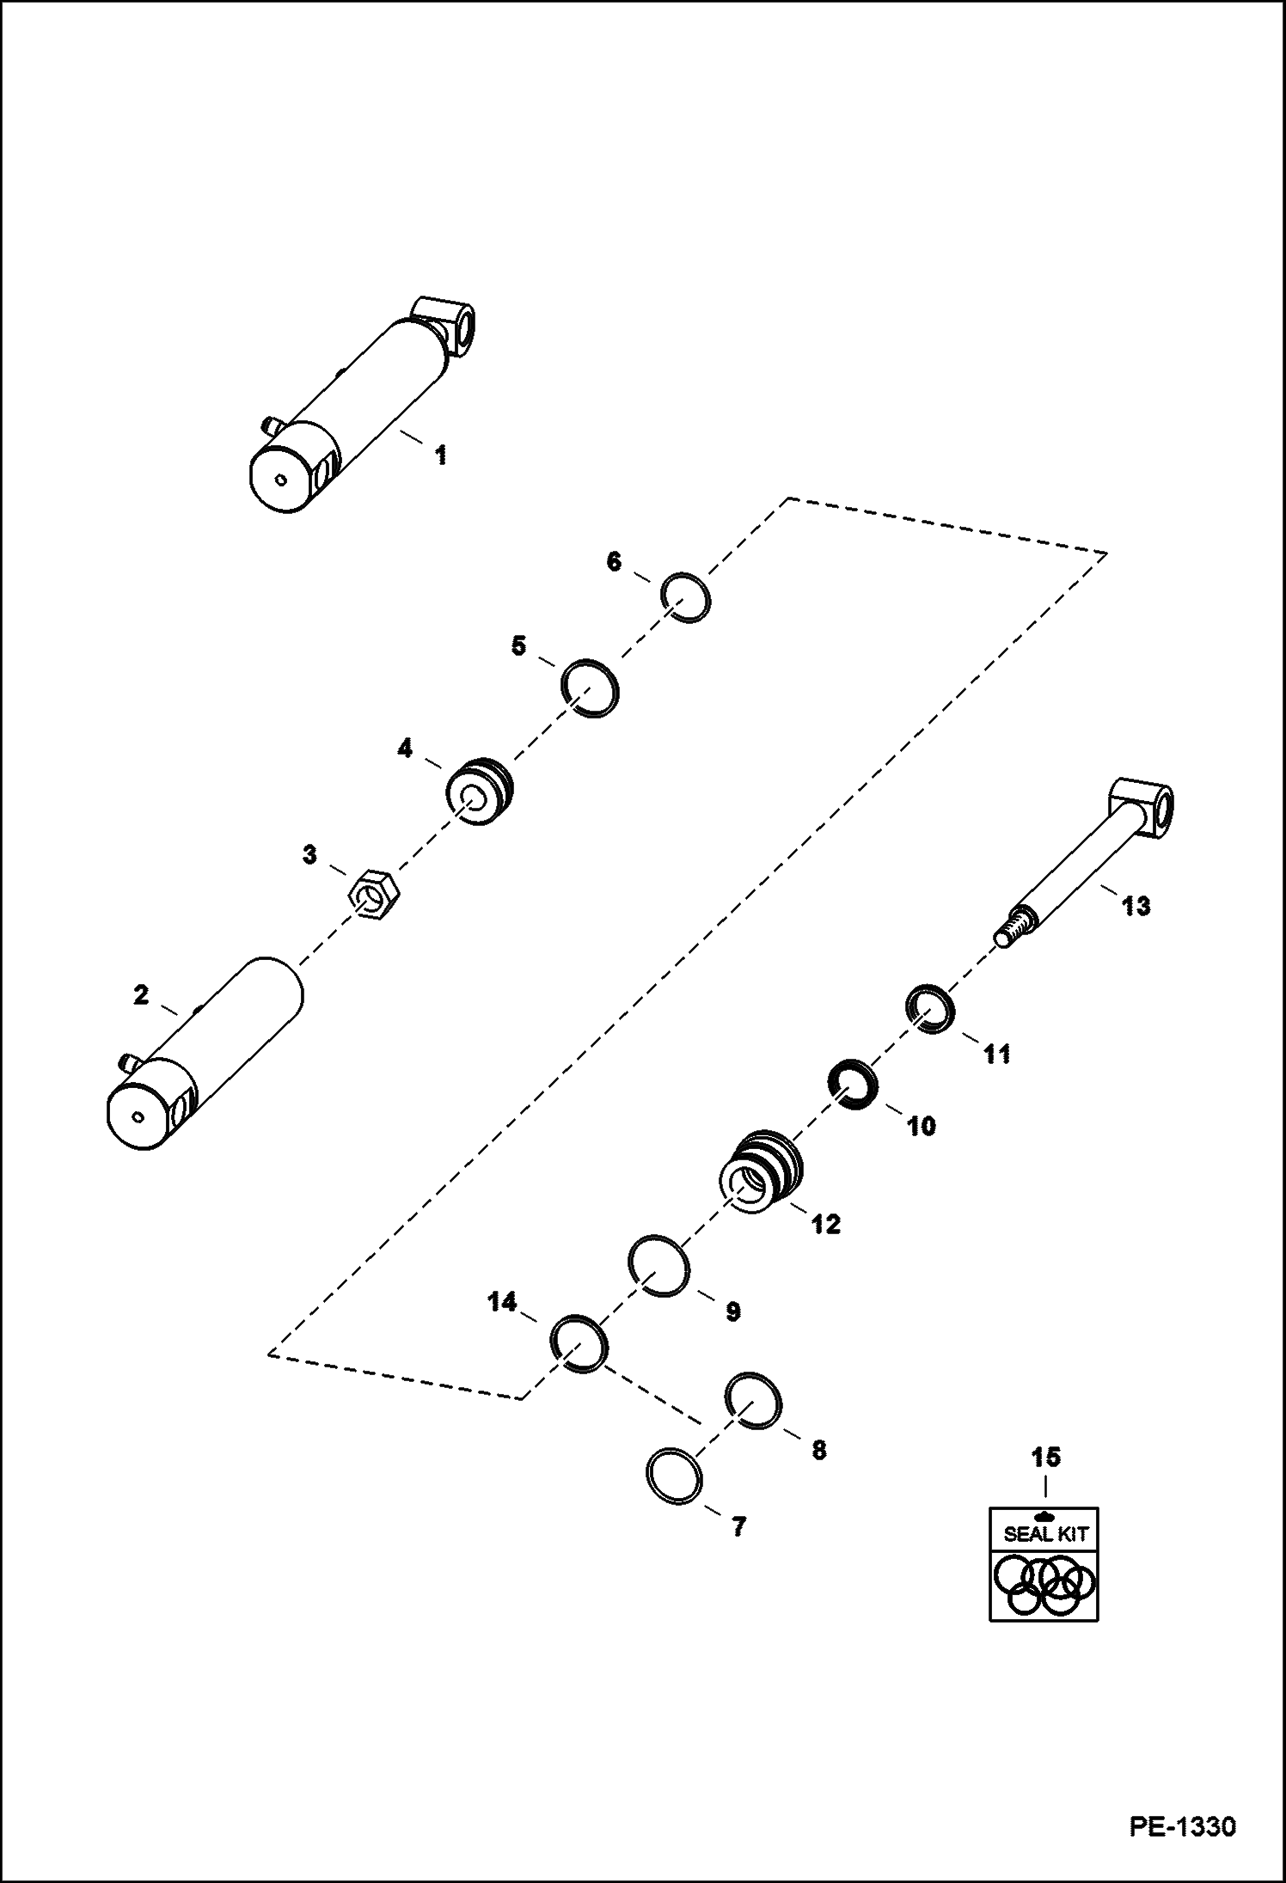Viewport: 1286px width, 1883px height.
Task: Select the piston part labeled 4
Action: click(x=479, y=792)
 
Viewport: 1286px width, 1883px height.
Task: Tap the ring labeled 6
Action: click(x=686, y=595)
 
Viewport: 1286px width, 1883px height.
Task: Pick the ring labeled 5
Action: click(x=590, y=688)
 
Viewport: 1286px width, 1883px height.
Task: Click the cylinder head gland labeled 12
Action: click(x=759, y=1172)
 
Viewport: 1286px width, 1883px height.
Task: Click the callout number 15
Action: click(x=1046, y=1457)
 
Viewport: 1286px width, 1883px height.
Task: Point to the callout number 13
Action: click(x=1136, y=906)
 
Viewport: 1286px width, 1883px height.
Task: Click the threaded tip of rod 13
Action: click(x=1010, y=933)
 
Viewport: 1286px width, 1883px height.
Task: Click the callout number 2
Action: click(x=140, y=996)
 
